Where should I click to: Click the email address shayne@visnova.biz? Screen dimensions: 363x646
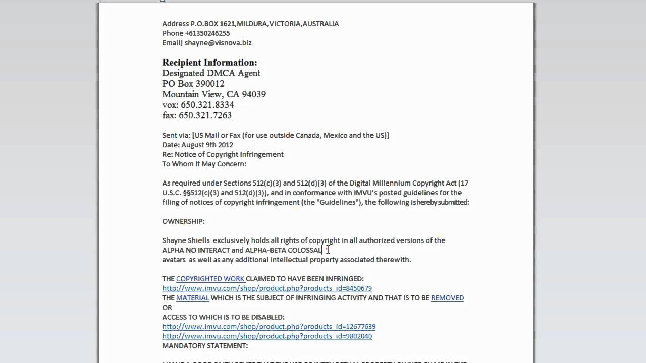click(218, 43)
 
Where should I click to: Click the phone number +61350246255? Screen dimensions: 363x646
click(207, 33)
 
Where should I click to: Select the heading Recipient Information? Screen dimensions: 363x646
click(209, 63)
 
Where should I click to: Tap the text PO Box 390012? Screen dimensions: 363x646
click(193, 84)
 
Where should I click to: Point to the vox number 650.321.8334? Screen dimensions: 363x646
click(207, 105)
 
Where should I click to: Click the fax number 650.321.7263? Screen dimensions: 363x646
click(205, 115)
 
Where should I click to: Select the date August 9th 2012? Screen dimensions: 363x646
click(207, 145)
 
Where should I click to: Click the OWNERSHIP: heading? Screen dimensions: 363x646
click(183, 221)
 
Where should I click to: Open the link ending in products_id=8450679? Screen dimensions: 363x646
click(267, 288)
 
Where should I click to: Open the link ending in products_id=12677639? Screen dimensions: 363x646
click(268, 327)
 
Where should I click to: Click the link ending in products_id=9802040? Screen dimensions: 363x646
click(267, 336)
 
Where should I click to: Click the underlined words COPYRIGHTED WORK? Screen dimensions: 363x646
click(210, 279)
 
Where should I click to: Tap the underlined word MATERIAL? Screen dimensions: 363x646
click(192, 298)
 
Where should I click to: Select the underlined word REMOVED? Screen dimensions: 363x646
click(447, 298)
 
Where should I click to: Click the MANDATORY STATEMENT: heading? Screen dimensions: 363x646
click(205, 346)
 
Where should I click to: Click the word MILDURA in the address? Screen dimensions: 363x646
click(252, 24)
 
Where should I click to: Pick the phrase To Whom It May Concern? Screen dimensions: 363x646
click(204, 164)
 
